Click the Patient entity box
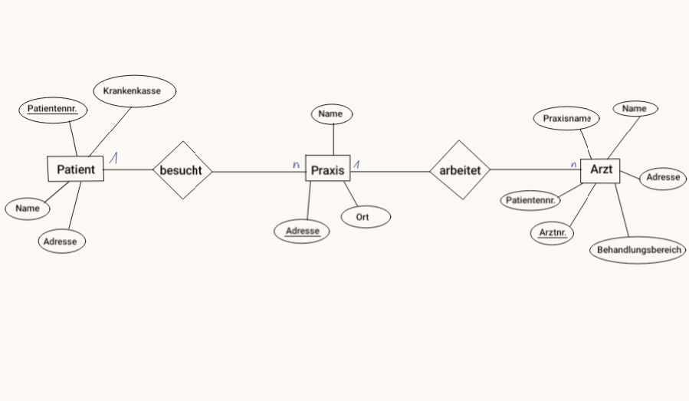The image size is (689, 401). [x=76, y=169]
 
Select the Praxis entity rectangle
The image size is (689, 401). [x=328, y=168]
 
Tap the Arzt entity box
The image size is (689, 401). [x=600, y=171]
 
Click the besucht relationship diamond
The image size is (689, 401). [x=182, y=170]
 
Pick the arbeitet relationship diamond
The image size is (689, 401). [x=460, y=169]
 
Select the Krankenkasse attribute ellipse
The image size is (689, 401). [x=135, y=91]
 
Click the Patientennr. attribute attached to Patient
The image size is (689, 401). [x=53, y=110]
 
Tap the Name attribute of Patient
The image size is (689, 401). [x=28, y=209]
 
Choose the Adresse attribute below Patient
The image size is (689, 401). [x=61, y=241]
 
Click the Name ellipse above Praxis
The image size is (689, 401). [x=332, y=114]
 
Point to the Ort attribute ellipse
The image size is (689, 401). [x=366, y=217]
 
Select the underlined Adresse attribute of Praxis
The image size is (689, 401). [x=301, y=232]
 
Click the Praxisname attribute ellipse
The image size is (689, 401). [x=566, y=118]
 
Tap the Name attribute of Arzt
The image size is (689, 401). [x=635, y=109]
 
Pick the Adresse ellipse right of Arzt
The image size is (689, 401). [x=663, y=178]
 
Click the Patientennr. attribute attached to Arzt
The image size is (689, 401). [x=530, y=201]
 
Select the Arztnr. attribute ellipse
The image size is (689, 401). [x=552, y=233]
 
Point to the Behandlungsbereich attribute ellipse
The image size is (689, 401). [x=638, y=250]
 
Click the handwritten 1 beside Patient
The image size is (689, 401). [x=113, y=158]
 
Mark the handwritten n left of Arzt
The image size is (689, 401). [x=573, y=164]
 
